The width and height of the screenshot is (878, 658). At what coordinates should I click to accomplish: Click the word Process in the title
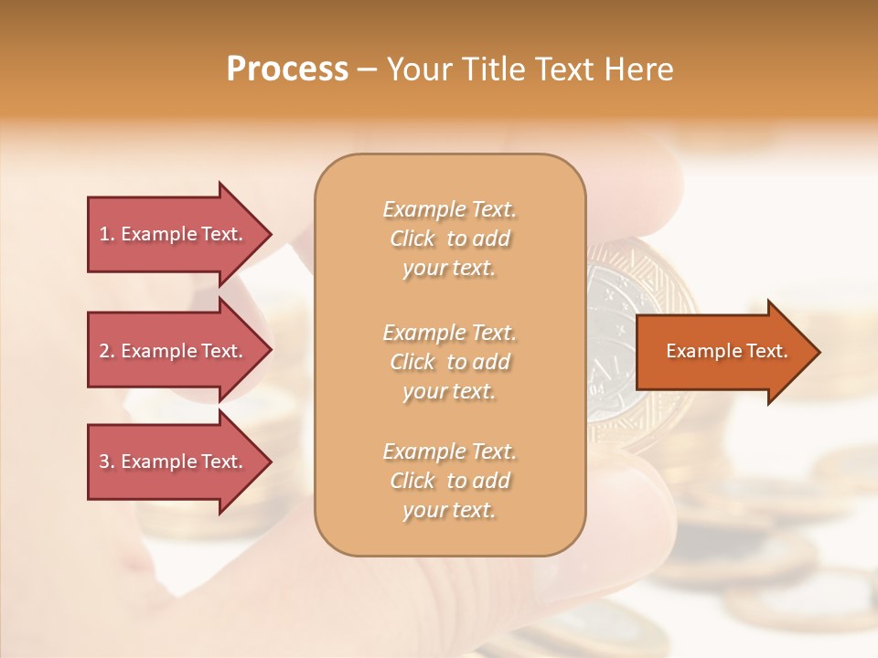coord(287,69)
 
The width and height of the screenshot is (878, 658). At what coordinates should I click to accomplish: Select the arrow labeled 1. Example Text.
coord(174,234)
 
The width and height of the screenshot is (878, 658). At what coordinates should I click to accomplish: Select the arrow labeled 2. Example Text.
coord(174,351)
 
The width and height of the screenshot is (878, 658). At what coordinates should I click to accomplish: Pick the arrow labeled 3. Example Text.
coord(174,462)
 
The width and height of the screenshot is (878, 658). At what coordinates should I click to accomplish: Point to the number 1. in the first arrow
coord(107,234)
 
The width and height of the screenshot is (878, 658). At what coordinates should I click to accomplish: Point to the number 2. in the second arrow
coord(107,351)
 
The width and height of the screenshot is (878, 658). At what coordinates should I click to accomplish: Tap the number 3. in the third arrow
coord(107,462)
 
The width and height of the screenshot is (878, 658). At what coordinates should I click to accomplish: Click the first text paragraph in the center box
coord(449,239)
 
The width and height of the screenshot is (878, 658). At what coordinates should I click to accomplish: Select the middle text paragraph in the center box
coord(449,361)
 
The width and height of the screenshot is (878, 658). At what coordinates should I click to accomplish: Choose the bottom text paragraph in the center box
coord(449,481)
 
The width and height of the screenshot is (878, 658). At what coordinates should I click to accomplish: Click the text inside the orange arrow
coord(726,351)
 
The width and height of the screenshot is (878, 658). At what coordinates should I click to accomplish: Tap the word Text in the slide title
coord(562,69)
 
